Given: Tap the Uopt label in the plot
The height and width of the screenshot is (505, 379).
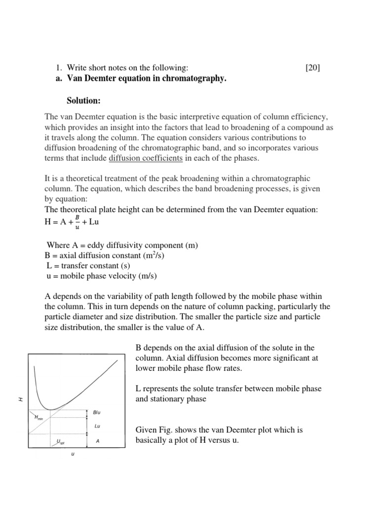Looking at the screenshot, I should pyautogui.click(x=60, y=441).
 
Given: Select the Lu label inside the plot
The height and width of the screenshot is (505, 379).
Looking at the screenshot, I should pyautogui.click(x=97, y=426).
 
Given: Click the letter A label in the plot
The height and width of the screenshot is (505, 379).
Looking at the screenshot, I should pyautogui.click(x=98, y=441).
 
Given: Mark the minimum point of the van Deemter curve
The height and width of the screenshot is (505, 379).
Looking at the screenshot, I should pyautogui.click(x=50, y=409).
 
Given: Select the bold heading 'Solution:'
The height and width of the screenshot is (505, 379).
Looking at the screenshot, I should pyautogui.click(x=83, y=101).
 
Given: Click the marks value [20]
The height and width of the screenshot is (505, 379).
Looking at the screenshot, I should pyautogui.click(x=313, y=68).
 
